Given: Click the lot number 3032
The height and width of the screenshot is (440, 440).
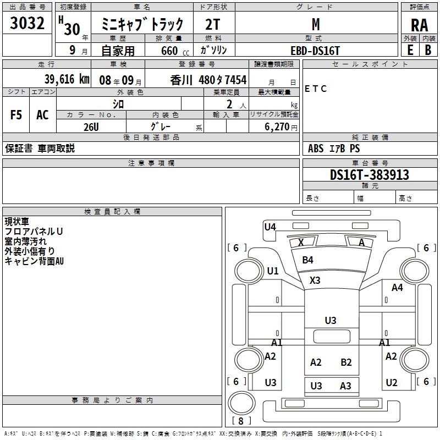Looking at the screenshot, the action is (27, 24).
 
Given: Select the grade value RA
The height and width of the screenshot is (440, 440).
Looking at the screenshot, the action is (419, 25).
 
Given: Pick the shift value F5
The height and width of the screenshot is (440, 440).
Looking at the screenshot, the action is (16, 114).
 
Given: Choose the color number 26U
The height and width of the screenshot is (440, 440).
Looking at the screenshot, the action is (91, 127).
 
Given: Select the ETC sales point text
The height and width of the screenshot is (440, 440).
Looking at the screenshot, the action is (316, 89).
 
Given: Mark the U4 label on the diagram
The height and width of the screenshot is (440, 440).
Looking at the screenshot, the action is (270, 227).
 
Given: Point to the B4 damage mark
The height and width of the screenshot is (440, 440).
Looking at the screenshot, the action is (307, 260).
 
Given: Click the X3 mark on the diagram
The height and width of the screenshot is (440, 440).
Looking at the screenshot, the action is (315, 280).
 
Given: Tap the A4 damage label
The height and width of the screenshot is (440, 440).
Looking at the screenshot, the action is (397, 287).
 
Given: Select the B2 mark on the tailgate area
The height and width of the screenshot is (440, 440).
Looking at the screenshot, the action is (346, 362).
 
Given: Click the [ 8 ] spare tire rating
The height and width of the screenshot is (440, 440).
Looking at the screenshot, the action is (241, 421).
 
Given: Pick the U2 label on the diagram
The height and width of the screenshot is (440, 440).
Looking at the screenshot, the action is (392, 383).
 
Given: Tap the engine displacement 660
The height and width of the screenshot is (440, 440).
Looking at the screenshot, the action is (169, 51).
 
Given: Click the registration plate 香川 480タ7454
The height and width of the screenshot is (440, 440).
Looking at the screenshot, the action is (208, 80).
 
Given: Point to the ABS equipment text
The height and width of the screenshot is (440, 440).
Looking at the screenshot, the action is (316, 148).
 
